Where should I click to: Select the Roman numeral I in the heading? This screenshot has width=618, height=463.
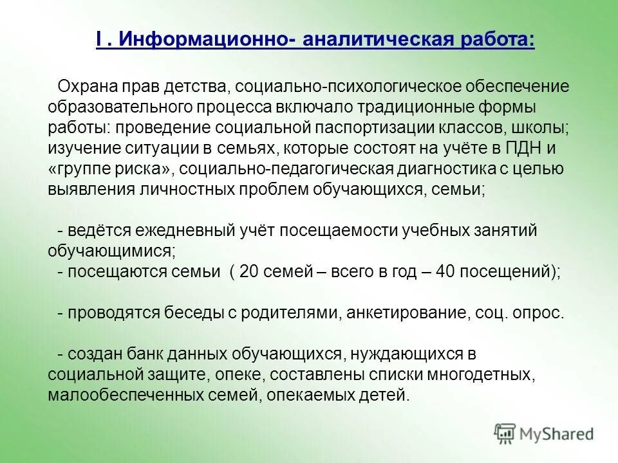[100, 39]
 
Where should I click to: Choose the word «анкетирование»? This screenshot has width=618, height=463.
[406, 313]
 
